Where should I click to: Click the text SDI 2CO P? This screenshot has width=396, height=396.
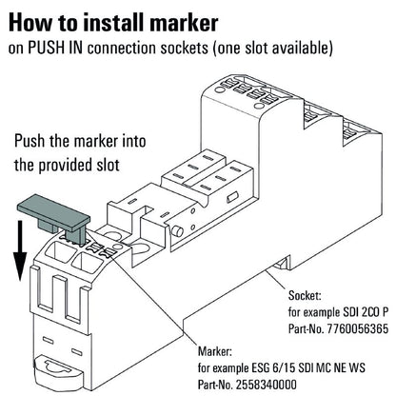(x=359, y=311)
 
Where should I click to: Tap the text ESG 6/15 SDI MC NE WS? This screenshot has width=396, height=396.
(x=315, y=367)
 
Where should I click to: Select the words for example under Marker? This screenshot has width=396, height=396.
(x=225, y=367)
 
